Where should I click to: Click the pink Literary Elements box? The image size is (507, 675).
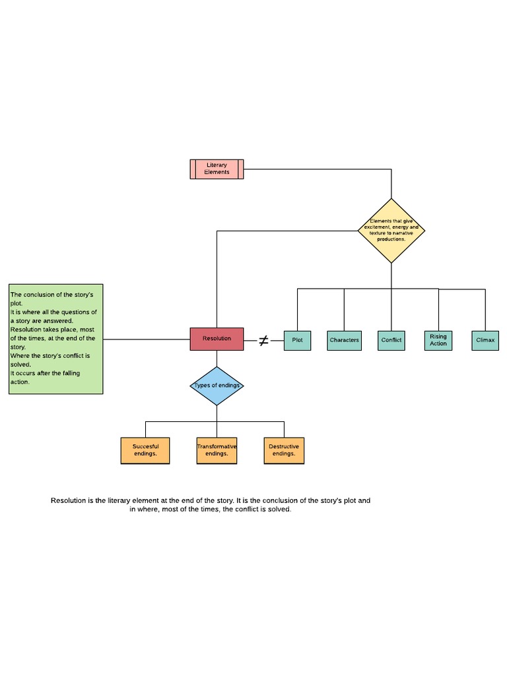point(217,169)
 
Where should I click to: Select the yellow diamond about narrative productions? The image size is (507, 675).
point(391,231)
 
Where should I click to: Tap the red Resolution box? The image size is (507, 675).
point(217,339)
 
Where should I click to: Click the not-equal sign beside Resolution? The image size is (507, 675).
point(263,340)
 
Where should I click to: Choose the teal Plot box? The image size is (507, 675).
point(297,340)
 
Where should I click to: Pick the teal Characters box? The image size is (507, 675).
point(344,340)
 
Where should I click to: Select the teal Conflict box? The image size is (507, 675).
point(391,340)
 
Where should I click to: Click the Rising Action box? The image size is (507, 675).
point(438,340)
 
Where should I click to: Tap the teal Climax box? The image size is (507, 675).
point(485,340)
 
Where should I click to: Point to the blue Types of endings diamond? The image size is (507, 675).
point(217,386)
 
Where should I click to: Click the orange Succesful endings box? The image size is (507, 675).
point(145,450)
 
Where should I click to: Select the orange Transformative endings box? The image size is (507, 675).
point(217,450)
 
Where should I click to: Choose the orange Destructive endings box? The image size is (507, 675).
point(284,450)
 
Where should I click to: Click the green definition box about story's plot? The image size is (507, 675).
point(56,339)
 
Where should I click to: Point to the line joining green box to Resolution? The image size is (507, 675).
point(147,339)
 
